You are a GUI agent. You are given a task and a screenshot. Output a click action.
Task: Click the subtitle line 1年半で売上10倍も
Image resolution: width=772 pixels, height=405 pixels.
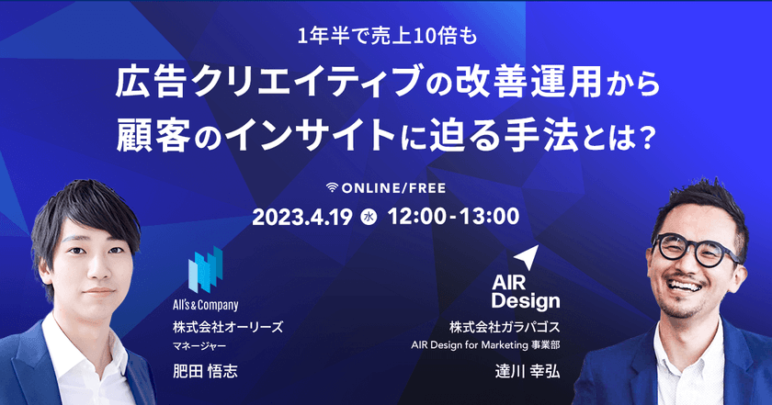click(x=386, y=38)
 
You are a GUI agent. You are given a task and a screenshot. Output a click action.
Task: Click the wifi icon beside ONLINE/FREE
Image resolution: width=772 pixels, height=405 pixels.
click(x=334, y=186)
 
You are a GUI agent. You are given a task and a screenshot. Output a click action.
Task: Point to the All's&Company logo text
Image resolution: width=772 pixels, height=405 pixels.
click(x=206, y=305)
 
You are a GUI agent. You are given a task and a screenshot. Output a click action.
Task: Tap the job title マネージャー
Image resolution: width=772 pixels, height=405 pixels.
click(x=199, y=346)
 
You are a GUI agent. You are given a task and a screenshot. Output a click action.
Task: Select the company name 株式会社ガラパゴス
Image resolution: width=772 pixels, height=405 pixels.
click(x=504, y=327)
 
